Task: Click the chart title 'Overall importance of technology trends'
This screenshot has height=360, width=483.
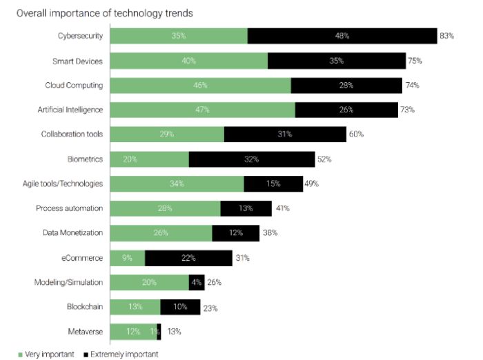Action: click(x=95, y=13)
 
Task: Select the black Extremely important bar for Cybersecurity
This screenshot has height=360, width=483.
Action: click(x=342, y=36)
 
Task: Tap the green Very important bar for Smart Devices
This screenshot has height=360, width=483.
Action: click(x=188, y=61)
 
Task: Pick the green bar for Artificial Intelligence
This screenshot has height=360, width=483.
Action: click(x=202, y=110)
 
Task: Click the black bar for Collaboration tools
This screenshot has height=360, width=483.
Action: click(x=285, y=134)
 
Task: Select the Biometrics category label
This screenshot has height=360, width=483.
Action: click(x=85, y=159)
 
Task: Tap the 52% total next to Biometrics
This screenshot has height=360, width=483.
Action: click(x=324, y=159)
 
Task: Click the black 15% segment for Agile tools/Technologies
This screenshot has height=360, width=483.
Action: click(x=273, y=183)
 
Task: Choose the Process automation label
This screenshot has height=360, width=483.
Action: click(x=69, y=208)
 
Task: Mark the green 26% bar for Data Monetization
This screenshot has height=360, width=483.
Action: click(x=161, y=232)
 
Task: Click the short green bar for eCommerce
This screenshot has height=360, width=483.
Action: click(x=128, y=257)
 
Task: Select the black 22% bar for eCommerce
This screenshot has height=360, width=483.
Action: click(x=188, y=257)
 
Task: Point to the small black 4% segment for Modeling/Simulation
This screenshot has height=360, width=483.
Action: click(x=197, y=282)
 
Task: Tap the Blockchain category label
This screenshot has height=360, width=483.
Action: click(x=84, y=307)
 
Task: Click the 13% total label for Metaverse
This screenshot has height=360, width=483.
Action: click(x=174, y=332)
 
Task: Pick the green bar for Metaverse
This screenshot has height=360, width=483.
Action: click(x=133, y=332)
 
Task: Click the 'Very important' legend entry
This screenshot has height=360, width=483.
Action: click(x=46, y=354)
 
